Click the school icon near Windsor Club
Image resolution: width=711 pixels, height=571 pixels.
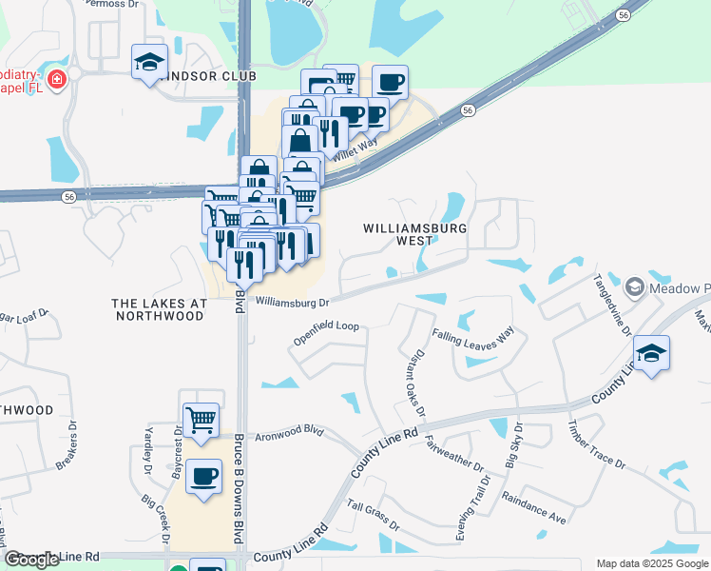tap(149, 63)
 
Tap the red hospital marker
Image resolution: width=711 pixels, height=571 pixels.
tap(57, 79)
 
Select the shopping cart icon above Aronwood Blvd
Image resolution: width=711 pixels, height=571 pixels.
tap(201, 420)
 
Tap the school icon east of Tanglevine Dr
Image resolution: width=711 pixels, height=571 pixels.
tap(651, 353)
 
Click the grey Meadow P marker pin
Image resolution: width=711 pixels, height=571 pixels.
tap(635, 285)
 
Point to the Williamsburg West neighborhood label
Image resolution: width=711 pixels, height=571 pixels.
tap(414, 235)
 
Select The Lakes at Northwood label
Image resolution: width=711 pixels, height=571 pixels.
tap(159, 308)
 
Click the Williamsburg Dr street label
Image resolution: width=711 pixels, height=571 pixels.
tap(292, 303)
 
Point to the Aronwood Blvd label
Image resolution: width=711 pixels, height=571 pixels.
tap(288, 431)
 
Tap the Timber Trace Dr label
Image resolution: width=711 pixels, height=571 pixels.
tap(597, 444)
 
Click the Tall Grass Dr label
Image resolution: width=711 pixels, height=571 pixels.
tap(373, 515)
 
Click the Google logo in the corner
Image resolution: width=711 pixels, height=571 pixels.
tap(32, 560)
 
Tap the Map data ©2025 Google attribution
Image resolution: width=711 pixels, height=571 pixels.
tap(651, 563)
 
